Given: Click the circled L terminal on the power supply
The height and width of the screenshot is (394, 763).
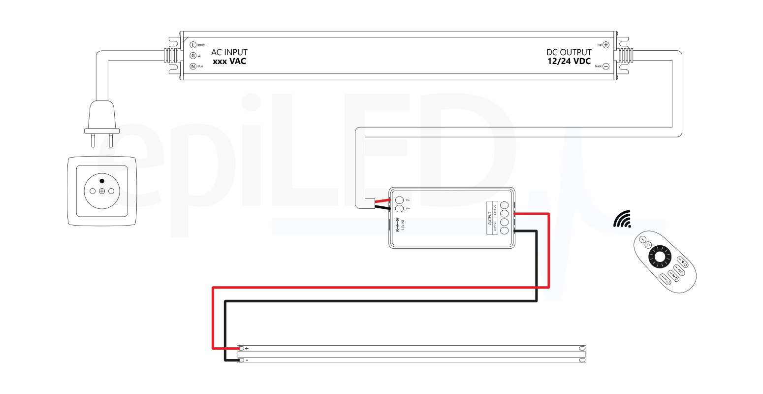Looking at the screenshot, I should point(193,45).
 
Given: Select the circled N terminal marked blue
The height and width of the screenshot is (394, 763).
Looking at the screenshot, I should point(193,66).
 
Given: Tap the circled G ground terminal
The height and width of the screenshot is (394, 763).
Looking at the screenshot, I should point(193,56).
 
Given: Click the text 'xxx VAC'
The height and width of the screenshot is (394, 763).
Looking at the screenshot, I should point(229,62).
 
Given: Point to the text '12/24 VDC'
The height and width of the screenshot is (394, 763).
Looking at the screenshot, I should point(569,62).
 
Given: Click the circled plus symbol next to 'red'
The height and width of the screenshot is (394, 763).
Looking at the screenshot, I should point(606,45).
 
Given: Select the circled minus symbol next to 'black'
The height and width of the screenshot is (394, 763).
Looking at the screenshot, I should point(606,66).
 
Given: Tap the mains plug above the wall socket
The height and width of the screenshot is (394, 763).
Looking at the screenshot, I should point(102,118).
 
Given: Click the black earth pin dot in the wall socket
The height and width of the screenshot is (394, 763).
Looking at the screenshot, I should point(102,181).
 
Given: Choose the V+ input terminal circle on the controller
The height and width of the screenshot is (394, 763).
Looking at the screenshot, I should point(399,200).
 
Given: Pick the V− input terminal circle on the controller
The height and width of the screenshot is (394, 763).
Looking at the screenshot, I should point(399,209).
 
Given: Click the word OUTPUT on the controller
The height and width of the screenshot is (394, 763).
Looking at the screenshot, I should point(490,218).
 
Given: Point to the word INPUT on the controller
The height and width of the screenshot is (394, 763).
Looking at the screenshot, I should point(403,225).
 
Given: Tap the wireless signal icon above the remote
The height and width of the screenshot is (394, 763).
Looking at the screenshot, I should point(622,220).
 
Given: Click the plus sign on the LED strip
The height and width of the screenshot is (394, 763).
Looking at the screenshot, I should point(247,349).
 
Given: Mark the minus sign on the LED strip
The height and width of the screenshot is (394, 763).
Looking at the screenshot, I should point(247,361).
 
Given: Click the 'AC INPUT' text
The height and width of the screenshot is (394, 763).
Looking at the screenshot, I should point(229,52).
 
